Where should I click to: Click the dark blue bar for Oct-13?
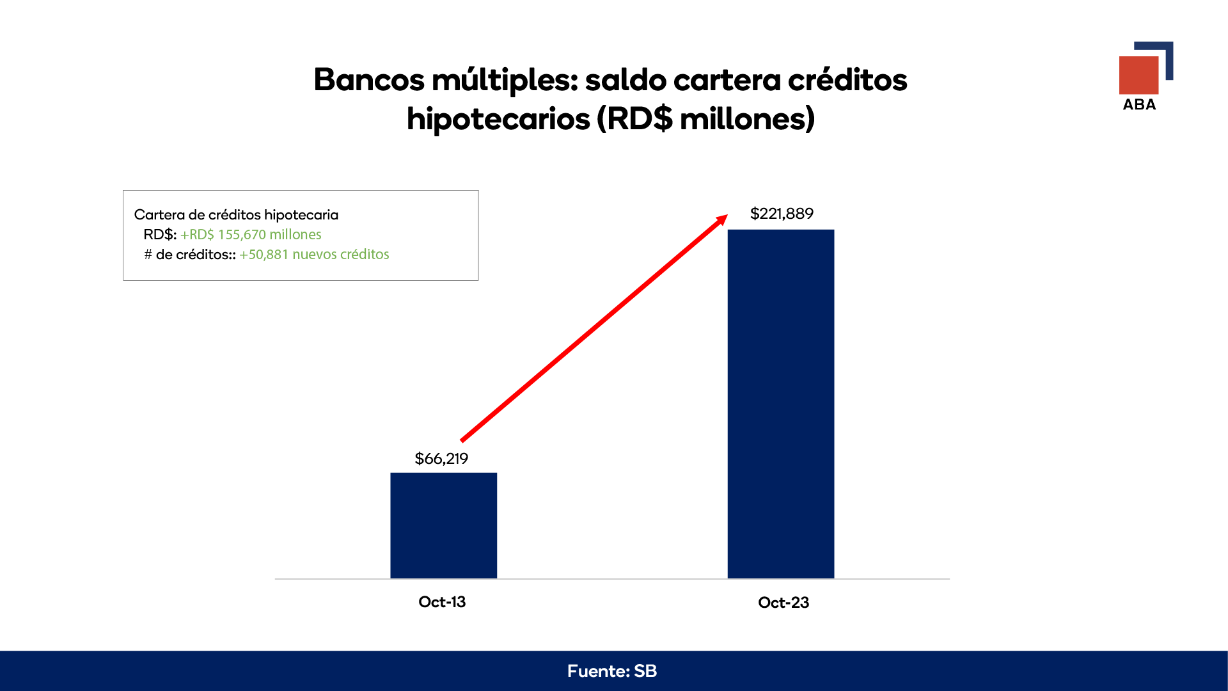pyautogui.click(x=443, y=525)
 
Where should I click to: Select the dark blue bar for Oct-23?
pyautogui.click(x=781, y=404)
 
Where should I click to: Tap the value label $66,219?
pyautogui.click(x=441, y=459)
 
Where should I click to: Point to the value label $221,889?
pyautogui.click(x=782, y=214)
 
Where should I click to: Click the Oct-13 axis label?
pyautogui.click(x=442, y=602)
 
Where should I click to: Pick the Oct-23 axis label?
pyautogui.click(x=783, y=603)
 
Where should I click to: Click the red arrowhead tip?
pyautogui.click(x=728, y=215)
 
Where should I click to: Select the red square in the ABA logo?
pyautogui.click(x=1138, y=75)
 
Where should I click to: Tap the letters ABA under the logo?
pyautogui.click(x=1139, y=105)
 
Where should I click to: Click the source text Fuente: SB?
pyautogui.click(x=612, y=671)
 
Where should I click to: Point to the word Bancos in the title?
pyautogui.click(x=369, y=80)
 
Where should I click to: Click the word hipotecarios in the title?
pyautogui.click(x=498, y=119)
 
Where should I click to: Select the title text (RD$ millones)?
pyautogui.click(x=706, y=119)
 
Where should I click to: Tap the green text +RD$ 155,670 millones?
pyautogui.click(x=251, y=235)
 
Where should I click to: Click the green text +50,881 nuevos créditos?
pyautogui.click(x=314, y=255)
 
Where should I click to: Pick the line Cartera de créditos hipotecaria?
pyautogui.click(x=236, y=215)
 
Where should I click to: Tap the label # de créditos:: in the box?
pyautogui.click(x=190, y=255)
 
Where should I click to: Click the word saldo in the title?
pyautogui.click(x=626, y=80)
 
